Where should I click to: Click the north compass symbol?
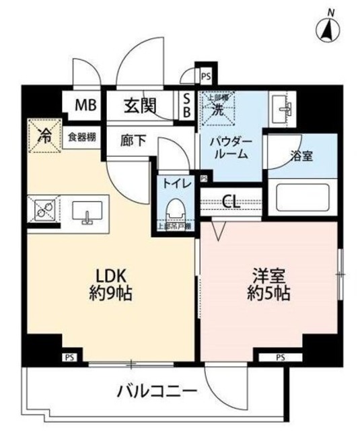(x=329, y=28)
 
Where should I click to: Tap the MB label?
(x=85, y=105)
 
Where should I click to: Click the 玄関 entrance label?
(x=140, y=105)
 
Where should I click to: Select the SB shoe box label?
(x=188, y=106)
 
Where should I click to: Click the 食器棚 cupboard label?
(x=81, y=137)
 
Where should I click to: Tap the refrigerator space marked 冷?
(x=44, y=136)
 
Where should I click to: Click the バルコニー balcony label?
(x=156, y=391)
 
